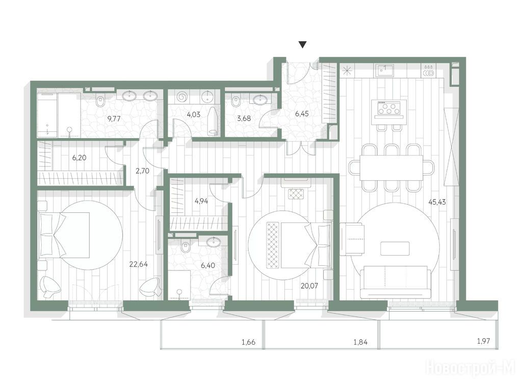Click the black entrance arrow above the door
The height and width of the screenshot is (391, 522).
pos(303,45)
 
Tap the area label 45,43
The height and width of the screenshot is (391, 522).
pos(437,202)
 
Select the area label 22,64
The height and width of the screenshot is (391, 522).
pos(139,264)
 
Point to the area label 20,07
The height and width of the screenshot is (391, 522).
pos(309,286)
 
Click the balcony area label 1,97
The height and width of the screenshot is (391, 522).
pos(483,341)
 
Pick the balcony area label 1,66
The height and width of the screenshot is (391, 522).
pos(248,342)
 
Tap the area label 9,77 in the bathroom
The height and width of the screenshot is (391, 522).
pos(114,118)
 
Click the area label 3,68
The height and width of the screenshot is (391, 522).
pos(244,118)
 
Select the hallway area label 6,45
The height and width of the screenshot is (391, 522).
pos(302,114)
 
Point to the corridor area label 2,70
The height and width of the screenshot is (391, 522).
pos(143,171)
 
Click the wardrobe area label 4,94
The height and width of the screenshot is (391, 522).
pos(201,201)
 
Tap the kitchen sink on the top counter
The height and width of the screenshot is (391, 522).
pos(385,70)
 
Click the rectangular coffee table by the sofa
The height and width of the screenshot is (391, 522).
pos(395,248)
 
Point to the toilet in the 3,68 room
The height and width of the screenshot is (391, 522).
pos(236,101)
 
